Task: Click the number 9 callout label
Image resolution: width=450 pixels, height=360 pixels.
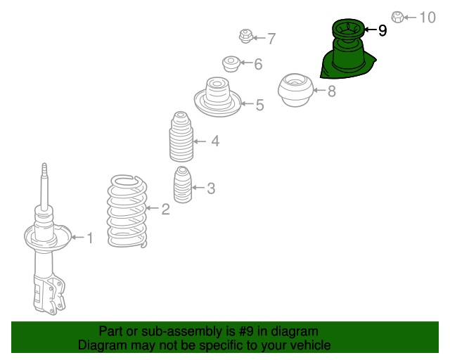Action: [382, 30]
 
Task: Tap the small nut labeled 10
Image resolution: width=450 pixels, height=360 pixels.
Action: [397, 17]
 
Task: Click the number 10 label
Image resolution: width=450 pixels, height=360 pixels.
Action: [427, 18]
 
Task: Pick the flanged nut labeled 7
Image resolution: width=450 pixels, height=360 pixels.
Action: [245, 36]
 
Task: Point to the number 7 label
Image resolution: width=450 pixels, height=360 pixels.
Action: [271, 39]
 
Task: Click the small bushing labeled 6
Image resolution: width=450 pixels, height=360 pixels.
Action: [231, 64]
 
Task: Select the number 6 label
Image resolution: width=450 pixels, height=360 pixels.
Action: [258, 64]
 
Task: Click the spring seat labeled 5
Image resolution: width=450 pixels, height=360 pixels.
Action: [217, 97]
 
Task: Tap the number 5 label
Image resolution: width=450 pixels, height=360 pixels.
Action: [259, 105]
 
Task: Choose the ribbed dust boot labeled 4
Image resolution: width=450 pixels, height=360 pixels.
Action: [181, 137]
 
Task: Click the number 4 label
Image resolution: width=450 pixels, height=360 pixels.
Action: [216, 141]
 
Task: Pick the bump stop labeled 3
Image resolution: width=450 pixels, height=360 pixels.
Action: [183, 185]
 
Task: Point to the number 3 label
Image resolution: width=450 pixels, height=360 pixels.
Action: [211, 188]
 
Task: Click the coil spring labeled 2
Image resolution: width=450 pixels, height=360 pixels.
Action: [127, 211]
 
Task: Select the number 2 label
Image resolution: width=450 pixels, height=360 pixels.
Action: [166, 210]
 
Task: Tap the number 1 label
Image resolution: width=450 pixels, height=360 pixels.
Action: [90, 238]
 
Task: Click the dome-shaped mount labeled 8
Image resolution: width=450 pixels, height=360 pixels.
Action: [295, 91]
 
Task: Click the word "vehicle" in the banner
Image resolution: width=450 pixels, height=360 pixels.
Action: [312, 345]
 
